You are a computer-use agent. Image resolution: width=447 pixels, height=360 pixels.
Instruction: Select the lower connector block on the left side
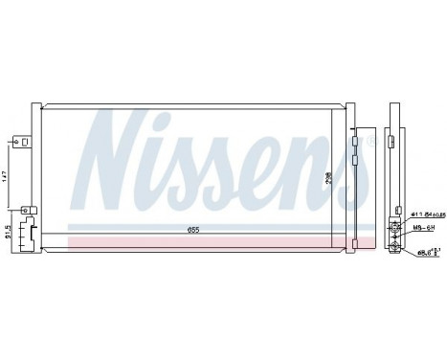coord(31,230)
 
